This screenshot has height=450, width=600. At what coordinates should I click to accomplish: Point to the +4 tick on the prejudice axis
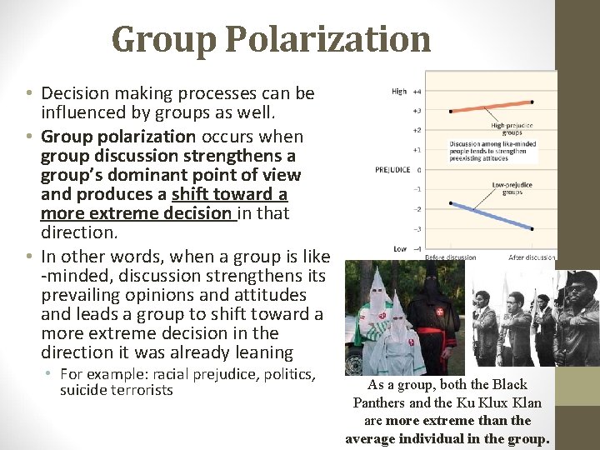click(417, 91)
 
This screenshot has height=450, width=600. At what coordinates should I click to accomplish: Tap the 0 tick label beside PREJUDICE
click(419, 169)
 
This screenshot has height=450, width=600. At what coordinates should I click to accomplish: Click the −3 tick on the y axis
click(417, 228)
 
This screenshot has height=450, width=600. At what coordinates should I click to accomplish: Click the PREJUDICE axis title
click(392, 169)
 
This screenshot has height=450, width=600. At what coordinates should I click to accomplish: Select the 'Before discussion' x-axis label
click(451, 257)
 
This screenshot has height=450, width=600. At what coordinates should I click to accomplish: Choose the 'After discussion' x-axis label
click(532, 257)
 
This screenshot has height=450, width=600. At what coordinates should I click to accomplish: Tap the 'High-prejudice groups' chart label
click(512, 129)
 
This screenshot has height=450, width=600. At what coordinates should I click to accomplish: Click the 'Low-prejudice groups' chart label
click(512, 188)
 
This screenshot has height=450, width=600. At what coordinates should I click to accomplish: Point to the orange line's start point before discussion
click(451, 110)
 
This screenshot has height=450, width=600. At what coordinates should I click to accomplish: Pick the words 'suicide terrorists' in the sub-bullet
click(117, 390)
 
